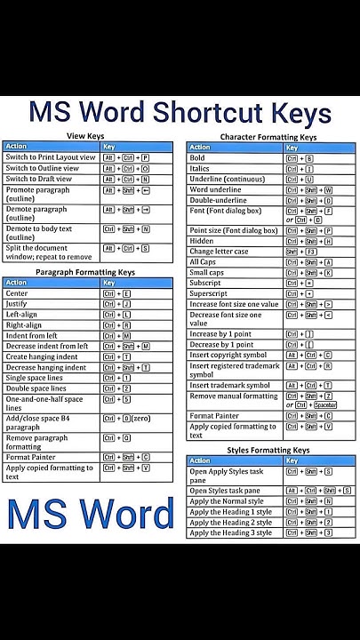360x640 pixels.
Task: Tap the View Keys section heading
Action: pyautogui.click(x=85, y=135)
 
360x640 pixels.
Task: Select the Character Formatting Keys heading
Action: pyautogui.click(x=268, y=137)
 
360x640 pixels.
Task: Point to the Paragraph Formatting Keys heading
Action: pyautogui.click(x=85, y=272)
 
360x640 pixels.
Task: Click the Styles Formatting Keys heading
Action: pyautogui.click(x=268, y=451)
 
